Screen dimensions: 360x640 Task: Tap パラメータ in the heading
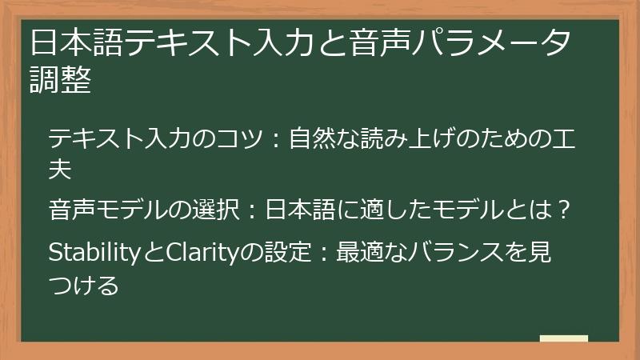coord(502,41)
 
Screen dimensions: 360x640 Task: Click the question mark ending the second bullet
coord(563,212)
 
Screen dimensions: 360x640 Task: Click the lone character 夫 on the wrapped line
coord(61,169)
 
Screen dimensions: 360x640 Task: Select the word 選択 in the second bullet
coord(215,212)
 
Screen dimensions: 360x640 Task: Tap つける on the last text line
coord(84,283)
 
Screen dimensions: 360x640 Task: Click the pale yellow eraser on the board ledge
coord(563,339)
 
